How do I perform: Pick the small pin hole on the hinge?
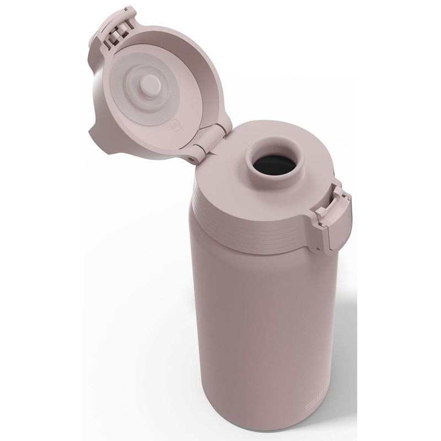tap(192, 157)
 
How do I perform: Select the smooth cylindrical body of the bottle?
tap(254, 331)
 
